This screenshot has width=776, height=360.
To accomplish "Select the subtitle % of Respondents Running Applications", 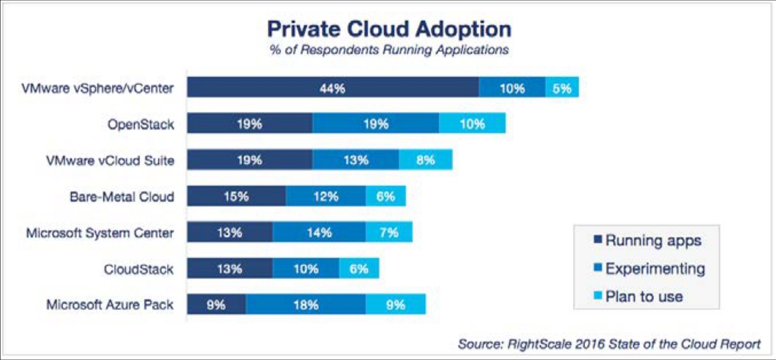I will (x=389, y=50).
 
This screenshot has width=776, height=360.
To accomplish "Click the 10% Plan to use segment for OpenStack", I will (x=472, y=123).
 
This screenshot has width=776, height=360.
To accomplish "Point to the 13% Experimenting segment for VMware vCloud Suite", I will (x=356, y=160).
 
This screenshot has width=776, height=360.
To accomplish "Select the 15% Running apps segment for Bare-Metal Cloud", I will (x=236, y=196).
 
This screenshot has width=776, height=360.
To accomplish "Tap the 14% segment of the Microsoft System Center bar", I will (x=319, y=232).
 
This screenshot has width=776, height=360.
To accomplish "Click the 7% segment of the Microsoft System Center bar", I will (x=389, y=232).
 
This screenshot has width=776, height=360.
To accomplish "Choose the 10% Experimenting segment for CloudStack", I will (x=306, y=268).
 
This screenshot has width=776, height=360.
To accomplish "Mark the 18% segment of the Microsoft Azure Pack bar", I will (x=306, y=304).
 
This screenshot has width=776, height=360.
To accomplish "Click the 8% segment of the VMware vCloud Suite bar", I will (x=425, y=160).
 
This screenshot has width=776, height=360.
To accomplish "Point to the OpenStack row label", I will (x=140, y=124).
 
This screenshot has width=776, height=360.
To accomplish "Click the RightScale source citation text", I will (x=609, y=344).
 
